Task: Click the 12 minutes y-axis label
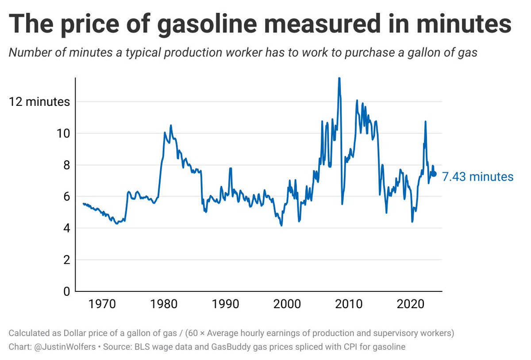tap(39, 101)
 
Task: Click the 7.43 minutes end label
tap(477, 177)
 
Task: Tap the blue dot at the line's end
tap(434, 174)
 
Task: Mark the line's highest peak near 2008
tap(339, 79)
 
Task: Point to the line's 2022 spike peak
tap(425, 121)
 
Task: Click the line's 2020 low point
tap(412, 221)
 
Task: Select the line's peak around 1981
tap(171, 125)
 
